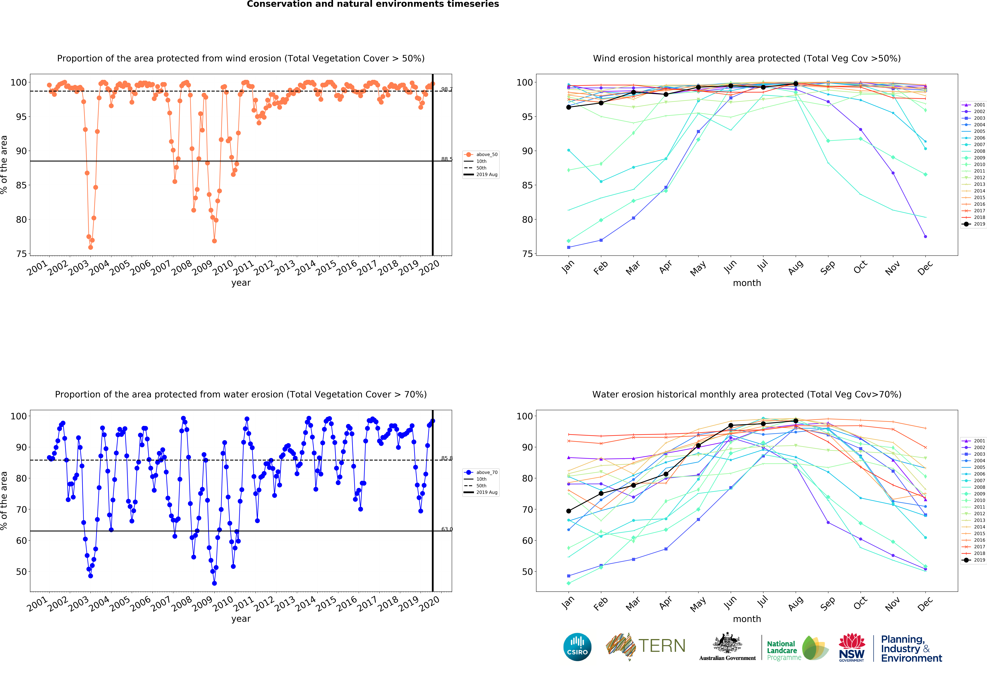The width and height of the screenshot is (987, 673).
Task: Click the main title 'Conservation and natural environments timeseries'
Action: (x=373, y=4)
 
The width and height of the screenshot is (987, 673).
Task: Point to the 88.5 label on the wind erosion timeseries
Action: (x=447, y=159)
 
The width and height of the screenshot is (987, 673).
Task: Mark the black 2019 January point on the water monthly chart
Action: (x=569, y=511)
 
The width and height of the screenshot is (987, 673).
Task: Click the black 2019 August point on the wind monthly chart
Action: (x=795, y=84)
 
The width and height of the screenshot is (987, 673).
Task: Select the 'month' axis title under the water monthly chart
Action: (x=747, y=619)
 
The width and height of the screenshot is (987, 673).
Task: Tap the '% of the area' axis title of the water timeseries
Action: (x=4, y=500)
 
